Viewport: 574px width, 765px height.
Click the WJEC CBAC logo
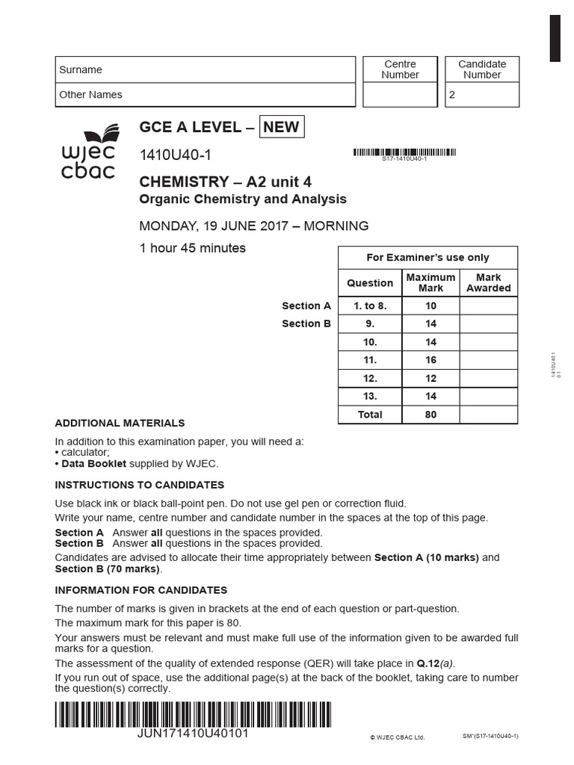click(88, 153)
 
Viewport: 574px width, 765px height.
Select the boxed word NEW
click(281, 127)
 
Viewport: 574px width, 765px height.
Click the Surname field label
click(81, 69)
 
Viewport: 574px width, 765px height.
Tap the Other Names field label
click(90, 95)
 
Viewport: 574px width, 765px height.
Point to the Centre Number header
click(400, 69)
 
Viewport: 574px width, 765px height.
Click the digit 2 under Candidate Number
click(451, 95)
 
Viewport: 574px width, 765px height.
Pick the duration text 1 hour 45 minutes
click(193, 248)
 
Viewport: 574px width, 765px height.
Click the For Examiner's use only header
click(428, 258)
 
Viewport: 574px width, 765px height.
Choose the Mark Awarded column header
click(488, 282)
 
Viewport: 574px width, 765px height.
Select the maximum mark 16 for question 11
click(430, 360)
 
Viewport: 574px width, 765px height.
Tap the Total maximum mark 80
click(430, 415)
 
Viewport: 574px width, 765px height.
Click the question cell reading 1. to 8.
click(370, 306)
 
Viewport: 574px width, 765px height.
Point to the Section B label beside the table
click(306, 323)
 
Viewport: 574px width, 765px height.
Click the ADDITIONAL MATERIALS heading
click(120, 423)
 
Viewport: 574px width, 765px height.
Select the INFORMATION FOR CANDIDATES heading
click(141, 590)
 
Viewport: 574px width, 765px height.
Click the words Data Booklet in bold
click(88, 464)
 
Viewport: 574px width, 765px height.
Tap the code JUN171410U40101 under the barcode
click(194, 733)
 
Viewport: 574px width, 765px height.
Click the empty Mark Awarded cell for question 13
click(488, 397)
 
